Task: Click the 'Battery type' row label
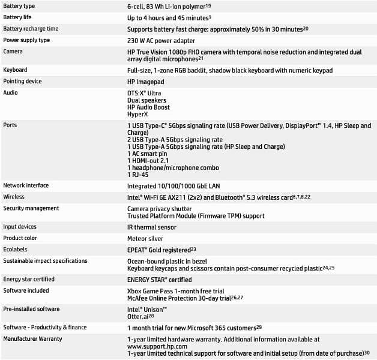click(19, 6)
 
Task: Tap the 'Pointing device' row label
click(23, 81)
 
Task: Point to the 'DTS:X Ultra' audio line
click(144, 93)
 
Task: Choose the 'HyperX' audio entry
click(138, 115)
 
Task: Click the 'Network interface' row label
click(26, 186)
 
